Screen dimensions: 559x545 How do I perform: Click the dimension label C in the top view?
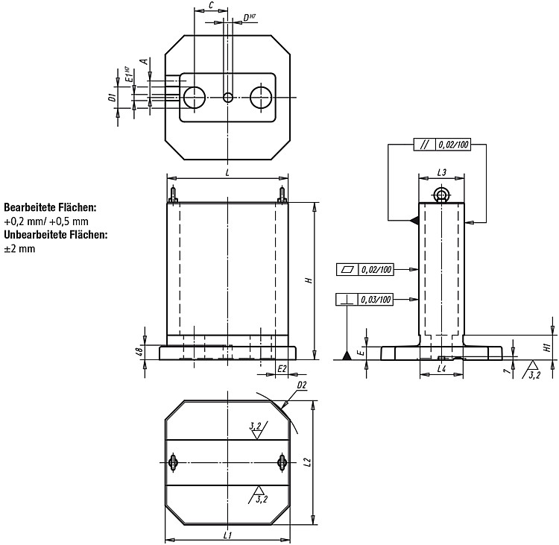click(211, 5)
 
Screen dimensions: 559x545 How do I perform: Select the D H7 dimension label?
click(250, 17)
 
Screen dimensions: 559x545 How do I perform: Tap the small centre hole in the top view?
click(228, 97)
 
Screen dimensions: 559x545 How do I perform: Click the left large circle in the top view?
click(195, 98)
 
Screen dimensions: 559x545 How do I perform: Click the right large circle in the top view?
click(261, 98)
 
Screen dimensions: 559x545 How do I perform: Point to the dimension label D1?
click(113, 97)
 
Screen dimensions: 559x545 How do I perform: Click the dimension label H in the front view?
click(309, 280)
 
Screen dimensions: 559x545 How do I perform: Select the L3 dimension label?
click(442, 173)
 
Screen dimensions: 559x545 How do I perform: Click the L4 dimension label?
click(442, 369)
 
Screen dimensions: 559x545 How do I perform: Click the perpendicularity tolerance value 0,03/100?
click(376, 299)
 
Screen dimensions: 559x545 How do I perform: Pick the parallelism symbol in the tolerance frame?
click(425, 145)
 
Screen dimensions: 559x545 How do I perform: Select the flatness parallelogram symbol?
click(347, 269)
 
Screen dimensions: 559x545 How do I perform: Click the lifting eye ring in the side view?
click(442, 195)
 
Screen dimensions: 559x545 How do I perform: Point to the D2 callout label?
click(302, 385)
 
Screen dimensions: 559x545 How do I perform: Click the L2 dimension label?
click(309, 462)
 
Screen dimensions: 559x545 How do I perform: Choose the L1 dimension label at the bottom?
click(227, 535)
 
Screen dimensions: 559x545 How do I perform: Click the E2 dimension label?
click(282, 369)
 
